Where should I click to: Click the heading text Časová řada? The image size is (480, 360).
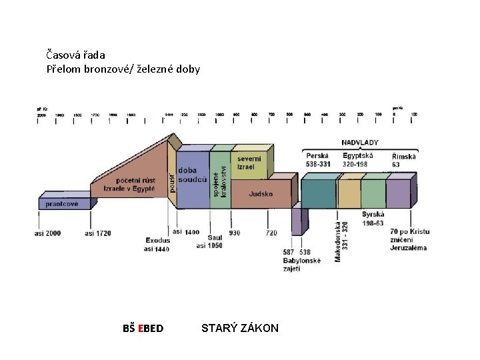(x=76, y=55)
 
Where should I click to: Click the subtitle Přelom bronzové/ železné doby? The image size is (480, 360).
(x=123, y=69)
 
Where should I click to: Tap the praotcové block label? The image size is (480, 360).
(x=62, y=203)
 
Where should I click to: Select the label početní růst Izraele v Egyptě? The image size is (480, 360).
(x=129, y=184)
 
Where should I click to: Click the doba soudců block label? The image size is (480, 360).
(x=191, y=175)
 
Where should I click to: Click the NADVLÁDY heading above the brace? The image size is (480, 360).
(x=360, y=142)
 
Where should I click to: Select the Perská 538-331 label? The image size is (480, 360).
(x=319, y=159)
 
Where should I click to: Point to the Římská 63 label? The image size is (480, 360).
(x=404, y=159)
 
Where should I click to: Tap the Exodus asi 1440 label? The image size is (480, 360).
(x=157, y=244)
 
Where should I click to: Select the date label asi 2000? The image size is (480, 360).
(x=48, y=233)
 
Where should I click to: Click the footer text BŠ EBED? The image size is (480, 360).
(x=143, y=328)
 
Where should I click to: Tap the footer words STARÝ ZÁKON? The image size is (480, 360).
(x=240, y=327)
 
